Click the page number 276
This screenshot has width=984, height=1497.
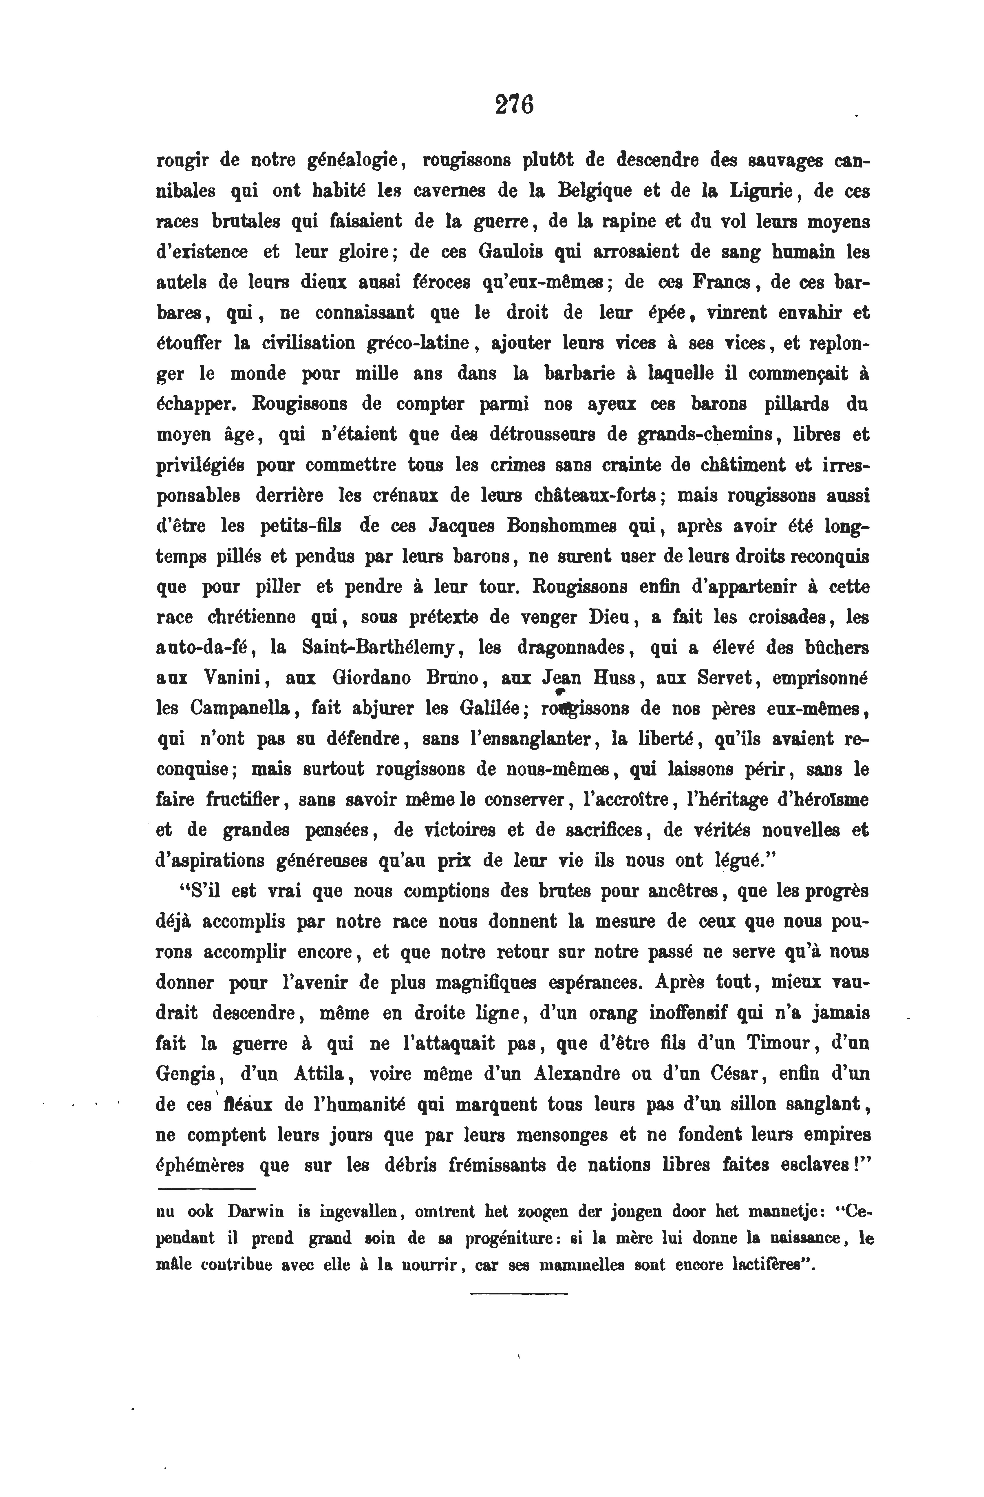[514, 104]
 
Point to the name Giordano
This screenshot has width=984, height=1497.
[370, 678]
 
